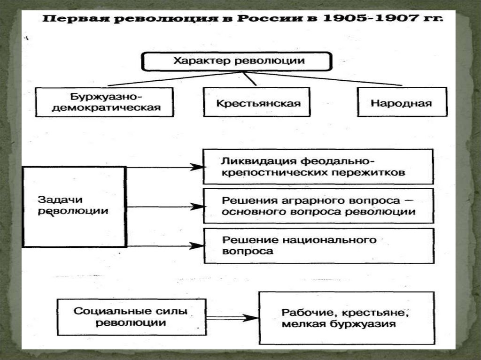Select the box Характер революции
pos(237,61)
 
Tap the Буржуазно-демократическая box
pos(105,102)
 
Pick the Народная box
pos(402,102)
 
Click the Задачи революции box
pos(74,206)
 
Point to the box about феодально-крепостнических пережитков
pos(318,166)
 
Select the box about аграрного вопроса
pos(318,206)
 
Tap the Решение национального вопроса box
pos(318,245)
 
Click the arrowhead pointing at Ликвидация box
pos(197,167)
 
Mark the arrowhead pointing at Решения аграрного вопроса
pos(197,206)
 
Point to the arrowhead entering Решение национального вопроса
pos(197,245)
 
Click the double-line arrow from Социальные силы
pos(233,318)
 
